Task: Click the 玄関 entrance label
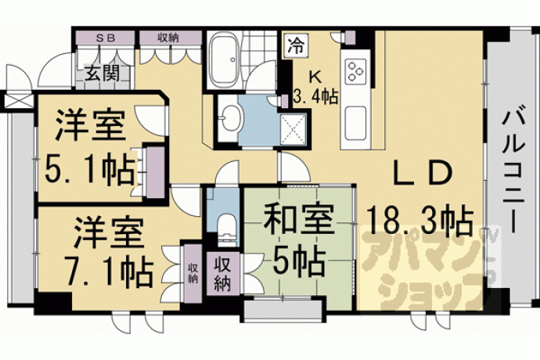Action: pos(103,73)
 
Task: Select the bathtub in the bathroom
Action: pos(225,61)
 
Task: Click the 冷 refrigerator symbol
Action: pos(296,46)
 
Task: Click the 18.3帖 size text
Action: pos(419,219)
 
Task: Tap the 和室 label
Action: pos(299,219)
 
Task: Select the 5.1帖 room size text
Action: pos(89,171)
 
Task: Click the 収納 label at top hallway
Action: pos(168,38)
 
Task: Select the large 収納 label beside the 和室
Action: pos(222,274)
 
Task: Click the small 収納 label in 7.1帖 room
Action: pos(193,273)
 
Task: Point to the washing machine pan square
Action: pos(293,128)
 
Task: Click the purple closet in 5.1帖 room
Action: pos(155,172)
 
